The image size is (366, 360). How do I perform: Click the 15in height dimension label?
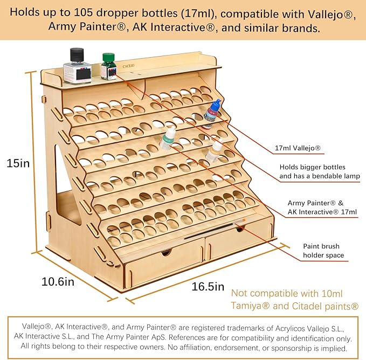point(18,163)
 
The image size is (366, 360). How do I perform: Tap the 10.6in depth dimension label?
point(58,282)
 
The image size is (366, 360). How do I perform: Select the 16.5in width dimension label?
point(208,287)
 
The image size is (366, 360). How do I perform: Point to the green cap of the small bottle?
point(108,57)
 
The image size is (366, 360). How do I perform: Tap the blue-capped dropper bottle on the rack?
point(211,114)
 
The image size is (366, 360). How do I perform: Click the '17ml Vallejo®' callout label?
point(298,148)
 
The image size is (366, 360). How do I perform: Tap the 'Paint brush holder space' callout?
point(323,251)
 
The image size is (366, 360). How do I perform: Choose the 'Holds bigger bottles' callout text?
point(312,167)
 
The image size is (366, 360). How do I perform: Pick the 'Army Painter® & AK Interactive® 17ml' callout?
point(322,207)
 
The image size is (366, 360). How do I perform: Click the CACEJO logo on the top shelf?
point(128,66)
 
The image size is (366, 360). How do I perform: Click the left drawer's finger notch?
point(167,252)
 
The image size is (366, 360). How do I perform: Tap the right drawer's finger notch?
point(239,229)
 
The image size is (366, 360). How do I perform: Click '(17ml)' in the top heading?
point(199,13)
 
